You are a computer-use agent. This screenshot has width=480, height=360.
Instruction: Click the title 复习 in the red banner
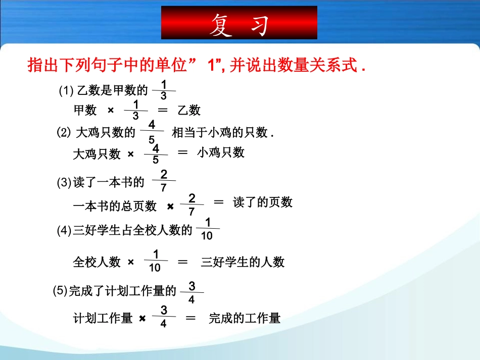pos(238,24)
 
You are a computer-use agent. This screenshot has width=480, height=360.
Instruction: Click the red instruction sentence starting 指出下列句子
pos(197,66)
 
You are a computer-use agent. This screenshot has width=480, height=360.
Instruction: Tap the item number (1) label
pos(66,91)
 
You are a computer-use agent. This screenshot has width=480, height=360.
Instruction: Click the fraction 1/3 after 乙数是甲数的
pos(163,90)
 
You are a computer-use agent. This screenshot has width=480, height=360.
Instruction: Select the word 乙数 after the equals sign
pos(189,110)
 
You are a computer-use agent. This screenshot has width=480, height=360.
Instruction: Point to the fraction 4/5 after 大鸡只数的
pos(152,132)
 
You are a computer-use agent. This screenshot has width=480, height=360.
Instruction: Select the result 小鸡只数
pos(221,152)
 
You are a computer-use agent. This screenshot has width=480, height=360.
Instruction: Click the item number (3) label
pos(64,183)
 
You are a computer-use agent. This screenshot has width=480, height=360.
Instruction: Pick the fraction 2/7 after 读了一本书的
pos(164,181)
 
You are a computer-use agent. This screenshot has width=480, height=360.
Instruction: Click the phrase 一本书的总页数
pos(115,206)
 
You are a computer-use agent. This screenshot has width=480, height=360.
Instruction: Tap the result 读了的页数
pos(263,202)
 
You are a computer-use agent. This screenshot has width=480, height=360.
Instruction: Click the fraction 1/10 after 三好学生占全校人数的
pos(207,229)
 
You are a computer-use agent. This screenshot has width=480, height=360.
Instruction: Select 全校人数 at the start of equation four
pos(97,262)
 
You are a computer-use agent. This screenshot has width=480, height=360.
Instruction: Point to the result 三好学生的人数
pos(243,262)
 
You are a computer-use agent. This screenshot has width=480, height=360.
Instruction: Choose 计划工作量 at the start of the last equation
pos(103,318)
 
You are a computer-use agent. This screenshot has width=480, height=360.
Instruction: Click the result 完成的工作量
pos(245,318)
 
